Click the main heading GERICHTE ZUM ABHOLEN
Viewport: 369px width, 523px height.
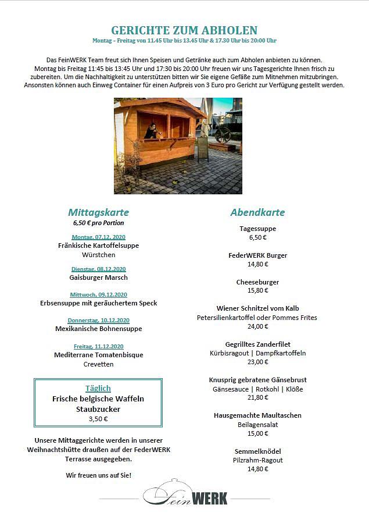pos(184,30)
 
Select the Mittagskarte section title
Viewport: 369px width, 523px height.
pos(98,212)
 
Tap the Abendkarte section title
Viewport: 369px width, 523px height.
pos(257,212)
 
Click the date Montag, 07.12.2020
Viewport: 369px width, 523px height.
pos(98,237)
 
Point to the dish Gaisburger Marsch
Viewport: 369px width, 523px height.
pos(98,277)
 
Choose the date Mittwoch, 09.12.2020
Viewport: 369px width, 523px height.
pos(98,294)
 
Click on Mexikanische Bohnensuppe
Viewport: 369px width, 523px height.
pos(98,329)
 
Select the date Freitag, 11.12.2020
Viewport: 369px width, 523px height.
pos(98,346)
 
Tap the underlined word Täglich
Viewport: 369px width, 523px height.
pos(98,388)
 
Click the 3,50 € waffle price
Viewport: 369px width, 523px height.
pos(98,418)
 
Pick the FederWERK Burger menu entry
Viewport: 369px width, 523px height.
pos(257,255)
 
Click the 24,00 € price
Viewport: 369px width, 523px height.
pos(257,326)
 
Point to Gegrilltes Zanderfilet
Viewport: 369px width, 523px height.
pos(257,344)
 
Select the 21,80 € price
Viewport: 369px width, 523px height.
pos(257,397)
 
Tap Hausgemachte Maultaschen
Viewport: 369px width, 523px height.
pos(257,415)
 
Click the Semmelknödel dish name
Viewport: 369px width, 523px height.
pos(257,451)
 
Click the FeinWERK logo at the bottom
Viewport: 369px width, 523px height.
pos(185,496)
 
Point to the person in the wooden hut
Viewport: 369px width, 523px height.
pos(152,130)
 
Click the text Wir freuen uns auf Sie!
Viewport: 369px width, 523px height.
pos(98,475)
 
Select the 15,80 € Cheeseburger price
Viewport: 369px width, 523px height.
pos(257,290)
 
